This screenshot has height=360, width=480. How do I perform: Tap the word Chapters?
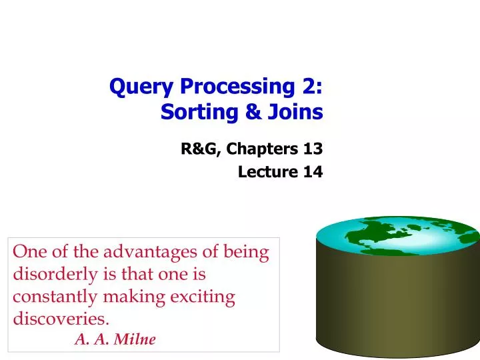[261, 149]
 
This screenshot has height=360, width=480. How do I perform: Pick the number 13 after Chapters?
[312, 149]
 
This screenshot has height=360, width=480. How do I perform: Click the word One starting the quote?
[28, 253]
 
